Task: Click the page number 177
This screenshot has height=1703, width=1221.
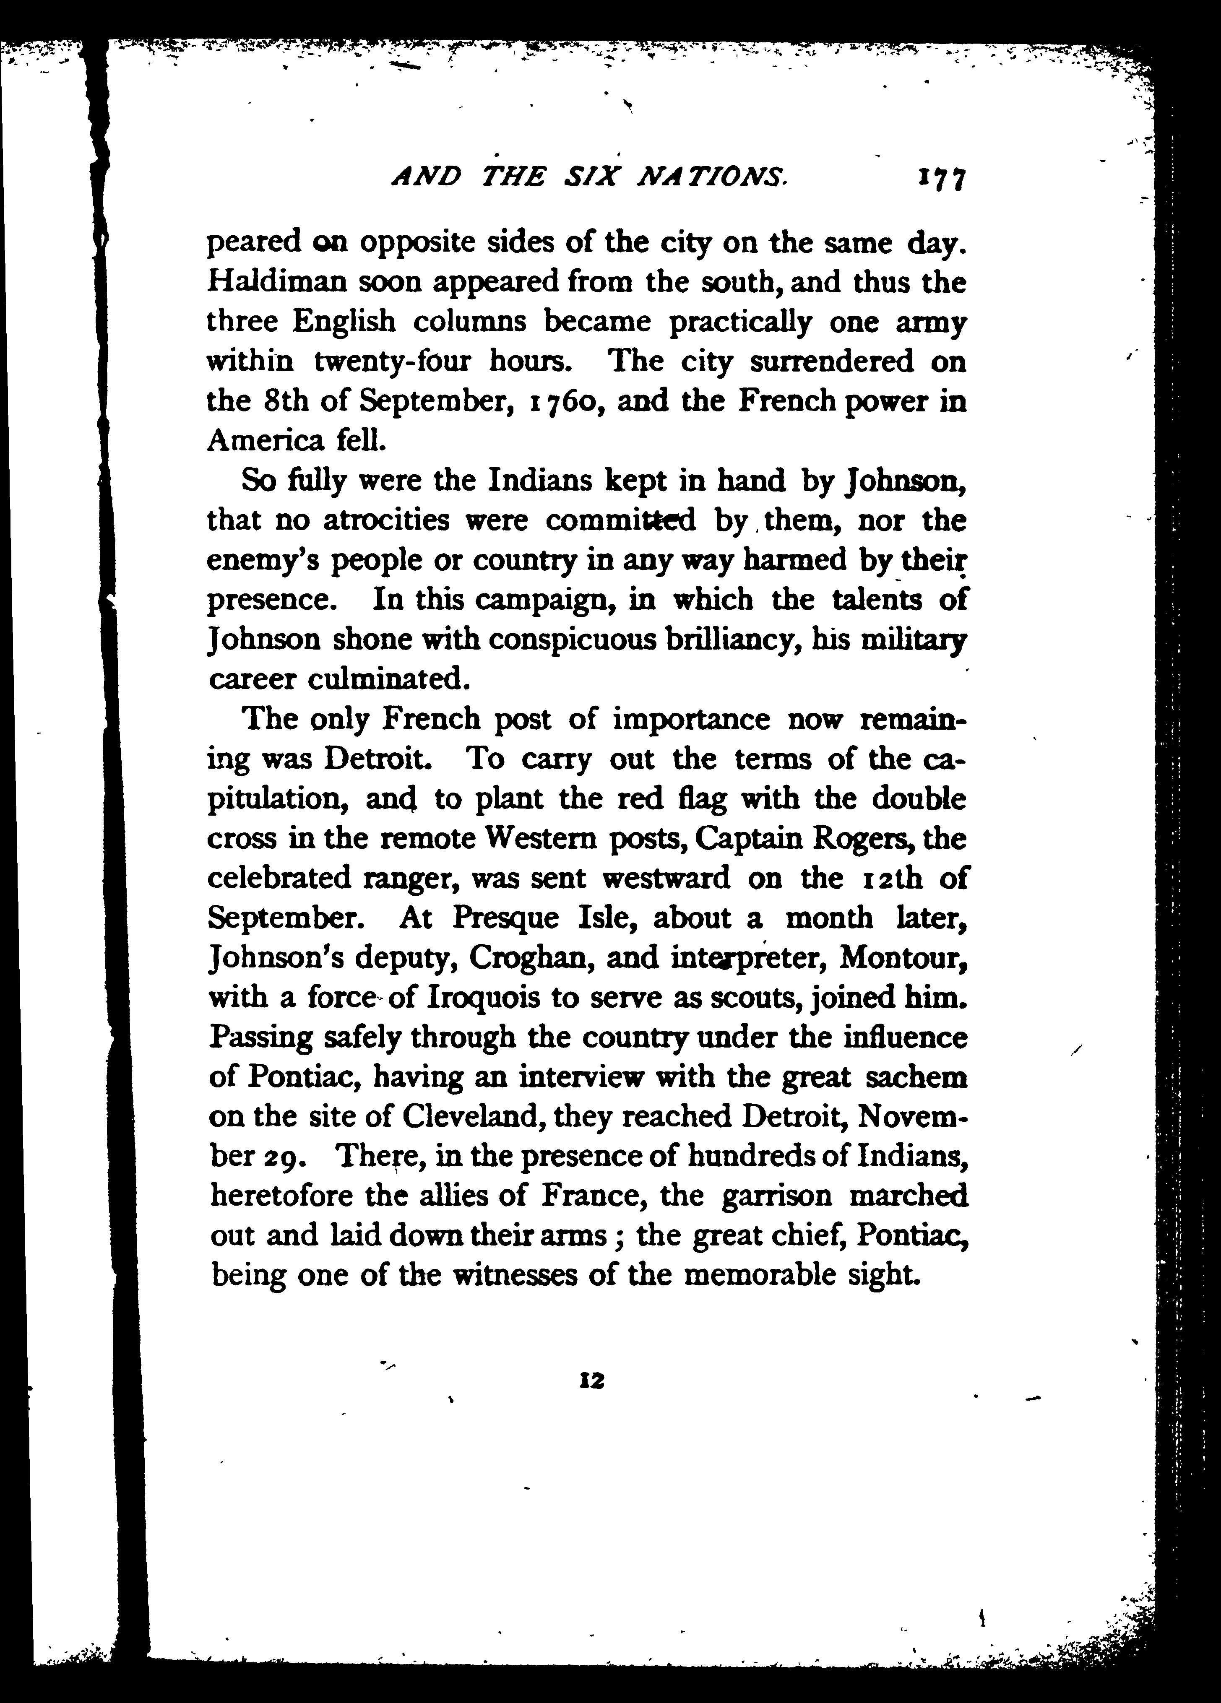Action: point(939,180)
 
